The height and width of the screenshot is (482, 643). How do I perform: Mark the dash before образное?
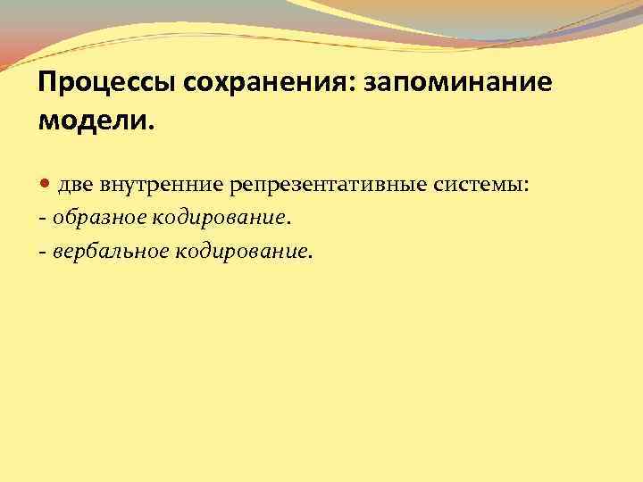click(42, 219)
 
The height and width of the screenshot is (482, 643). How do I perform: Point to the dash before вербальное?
click(42, 253)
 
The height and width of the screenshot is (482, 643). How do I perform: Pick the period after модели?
click(151, 126)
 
